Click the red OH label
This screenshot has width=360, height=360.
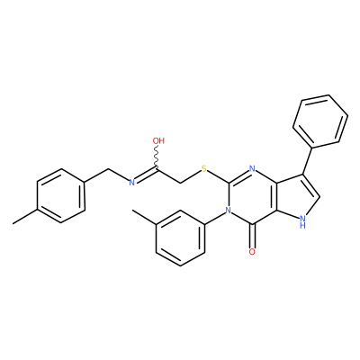point(158,140)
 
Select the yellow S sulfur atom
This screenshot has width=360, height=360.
point(204,168)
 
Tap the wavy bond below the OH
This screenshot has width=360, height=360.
point(157,156)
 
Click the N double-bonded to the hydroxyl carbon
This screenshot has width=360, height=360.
point(131,182)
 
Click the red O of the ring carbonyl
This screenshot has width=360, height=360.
point(252,251)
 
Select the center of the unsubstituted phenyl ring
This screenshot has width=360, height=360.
point(320,121)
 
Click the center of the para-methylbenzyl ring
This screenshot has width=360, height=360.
point(60,196)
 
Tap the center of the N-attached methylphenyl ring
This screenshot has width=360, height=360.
point(180,238)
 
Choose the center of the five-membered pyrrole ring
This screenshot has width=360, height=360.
point(299,197)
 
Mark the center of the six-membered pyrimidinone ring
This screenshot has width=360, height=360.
point(253,196)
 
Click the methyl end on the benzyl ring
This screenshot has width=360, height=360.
point(13,223)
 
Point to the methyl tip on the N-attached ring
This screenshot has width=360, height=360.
point(133,211)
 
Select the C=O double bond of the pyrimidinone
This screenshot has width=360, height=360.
point(253,236)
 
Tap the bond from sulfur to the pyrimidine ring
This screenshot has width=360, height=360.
point(218,176)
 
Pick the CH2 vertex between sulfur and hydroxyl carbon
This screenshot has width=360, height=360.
point(180,183)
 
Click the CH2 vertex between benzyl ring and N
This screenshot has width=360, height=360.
point(108,169)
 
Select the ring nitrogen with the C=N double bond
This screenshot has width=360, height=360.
point(252,168)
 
